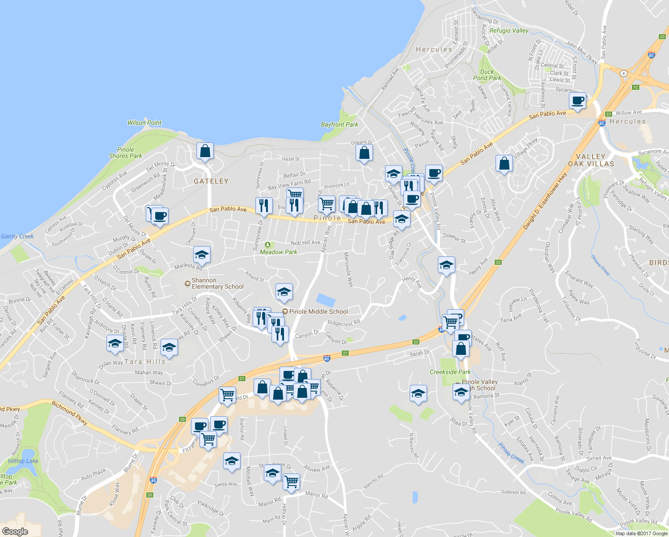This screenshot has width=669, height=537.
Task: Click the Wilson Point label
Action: tap(144, 123)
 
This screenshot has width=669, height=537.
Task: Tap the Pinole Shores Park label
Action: tap(126, 153)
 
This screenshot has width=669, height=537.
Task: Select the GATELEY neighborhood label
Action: tap(211, 181)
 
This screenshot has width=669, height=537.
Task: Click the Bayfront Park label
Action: tap(339, 124)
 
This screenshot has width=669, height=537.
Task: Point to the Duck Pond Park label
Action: tap(487, 75)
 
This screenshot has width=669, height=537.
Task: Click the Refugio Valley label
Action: tap(509, 30)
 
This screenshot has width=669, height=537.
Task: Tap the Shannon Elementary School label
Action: tap(217, 283)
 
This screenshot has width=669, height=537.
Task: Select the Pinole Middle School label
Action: tap(318, 311)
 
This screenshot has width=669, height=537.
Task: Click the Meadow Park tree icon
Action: tap(267, 245)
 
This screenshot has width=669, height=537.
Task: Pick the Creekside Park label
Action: tap(450, 372)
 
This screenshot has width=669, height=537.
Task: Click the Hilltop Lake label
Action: tap(23, 461)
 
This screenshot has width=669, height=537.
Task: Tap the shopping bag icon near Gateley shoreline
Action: tap(205, 151)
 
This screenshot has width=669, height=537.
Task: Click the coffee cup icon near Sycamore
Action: tap(578, 101)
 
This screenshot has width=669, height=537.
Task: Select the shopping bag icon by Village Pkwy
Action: tap(504, 163)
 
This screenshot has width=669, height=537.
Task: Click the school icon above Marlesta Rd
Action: tap(202, 255)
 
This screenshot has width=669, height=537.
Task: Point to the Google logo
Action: tap(15, 531)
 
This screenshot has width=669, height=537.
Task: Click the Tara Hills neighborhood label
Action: tap(144, 362)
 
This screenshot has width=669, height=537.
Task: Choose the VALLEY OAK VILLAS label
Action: tap(591, 160)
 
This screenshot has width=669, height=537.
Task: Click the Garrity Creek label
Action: tap(17, 236)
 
